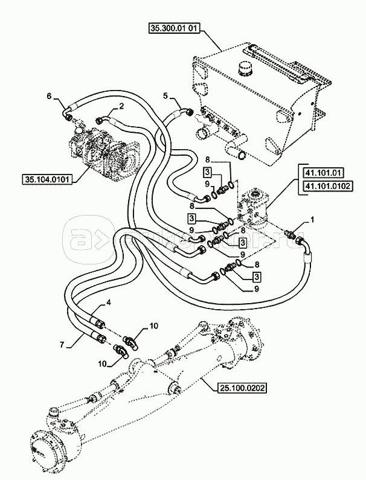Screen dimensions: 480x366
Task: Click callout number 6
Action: point(50,95)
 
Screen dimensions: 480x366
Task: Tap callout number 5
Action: point(165,95)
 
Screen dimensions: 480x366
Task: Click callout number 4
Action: point(109,303)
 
